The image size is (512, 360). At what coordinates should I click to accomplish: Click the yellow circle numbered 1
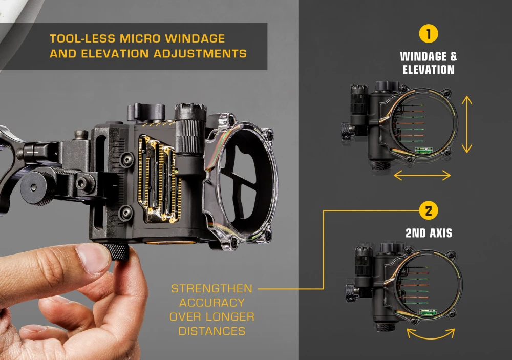point(429,34)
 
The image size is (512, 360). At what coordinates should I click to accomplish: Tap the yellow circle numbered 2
point(429,210)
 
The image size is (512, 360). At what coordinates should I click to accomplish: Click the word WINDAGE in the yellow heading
point(195,38)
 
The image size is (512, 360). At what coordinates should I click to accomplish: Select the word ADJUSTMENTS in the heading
point(200,54)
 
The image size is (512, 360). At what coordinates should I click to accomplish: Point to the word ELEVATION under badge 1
point(429,70)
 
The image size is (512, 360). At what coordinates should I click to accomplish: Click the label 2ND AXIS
point(429,233)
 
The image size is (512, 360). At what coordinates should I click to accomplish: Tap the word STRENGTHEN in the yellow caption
point(212,288)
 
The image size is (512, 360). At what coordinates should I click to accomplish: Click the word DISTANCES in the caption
point(212,331)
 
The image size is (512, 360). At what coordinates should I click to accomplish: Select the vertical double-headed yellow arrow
point(467,124)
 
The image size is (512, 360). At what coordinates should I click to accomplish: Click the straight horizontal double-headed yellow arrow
point(422,176)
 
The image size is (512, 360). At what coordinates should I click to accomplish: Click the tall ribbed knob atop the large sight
point(190,129)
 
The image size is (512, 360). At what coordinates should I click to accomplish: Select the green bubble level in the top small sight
point(423,150)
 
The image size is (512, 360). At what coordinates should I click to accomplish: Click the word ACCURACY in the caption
point(212,303)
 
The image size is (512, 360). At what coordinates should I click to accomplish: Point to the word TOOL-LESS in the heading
point(82,38)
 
